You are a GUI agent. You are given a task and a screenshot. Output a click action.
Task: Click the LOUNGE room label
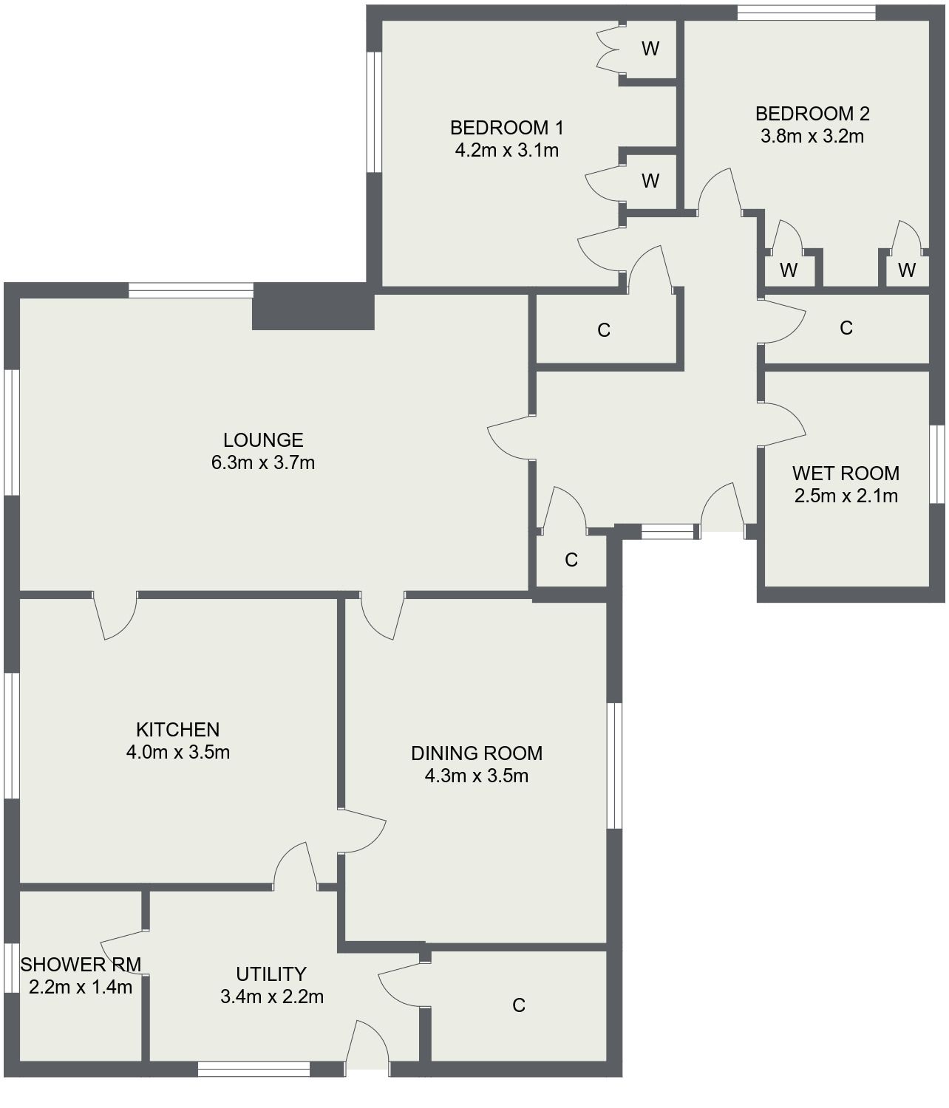[x=263, y=440]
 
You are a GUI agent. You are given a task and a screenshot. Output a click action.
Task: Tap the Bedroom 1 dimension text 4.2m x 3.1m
[x=506, y=151]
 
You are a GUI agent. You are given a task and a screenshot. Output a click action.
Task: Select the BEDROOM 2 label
[x=812, y=114]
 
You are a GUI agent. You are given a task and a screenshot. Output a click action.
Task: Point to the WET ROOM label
[x=846, y=473]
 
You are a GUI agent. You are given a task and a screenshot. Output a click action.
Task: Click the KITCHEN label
[x=177, y=730]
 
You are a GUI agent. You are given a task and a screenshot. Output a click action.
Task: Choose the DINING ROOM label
[x=477, y=753]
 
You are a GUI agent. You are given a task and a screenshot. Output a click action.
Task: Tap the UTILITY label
[x=271, y=974]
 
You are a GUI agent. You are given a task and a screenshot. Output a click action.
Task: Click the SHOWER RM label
[x=80, y=965]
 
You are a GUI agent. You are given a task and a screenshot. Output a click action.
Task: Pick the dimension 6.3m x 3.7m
[x=263, y=463]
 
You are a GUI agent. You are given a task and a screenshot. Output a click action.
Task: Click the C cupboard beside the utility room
[x=519, y=1005]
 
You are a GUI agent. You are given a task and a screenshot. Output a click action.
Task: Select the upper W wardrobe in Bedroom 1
[x=650, y=49]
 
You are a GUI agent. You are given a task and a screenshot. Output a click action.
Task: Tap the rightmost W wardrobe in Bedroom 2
[x=907, y=270]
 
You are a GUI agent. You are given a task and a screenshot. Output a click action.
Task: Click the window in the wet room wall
[x=937, y=465]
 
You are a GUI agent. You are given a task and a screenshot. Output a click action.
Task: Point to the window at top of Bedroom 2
[x=806, y=13]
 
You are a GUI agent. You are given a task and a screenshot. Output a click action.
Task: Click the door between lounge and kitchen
[x=115, y=615]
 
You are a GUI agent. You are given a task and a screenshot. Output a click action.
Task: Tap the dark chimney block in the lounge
[x=313, y=307]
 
